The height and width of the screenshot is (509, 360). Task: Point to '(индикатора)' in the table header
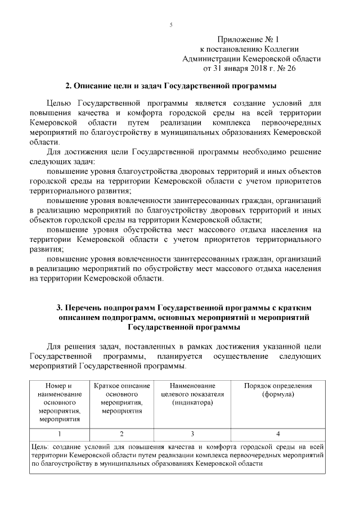192,403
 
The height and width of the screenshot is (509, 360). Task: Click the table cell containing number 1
59,434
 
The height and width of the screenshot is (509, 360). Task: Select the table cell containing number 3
192,434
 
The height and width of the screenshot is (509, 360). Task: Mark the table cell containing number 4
278,434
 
